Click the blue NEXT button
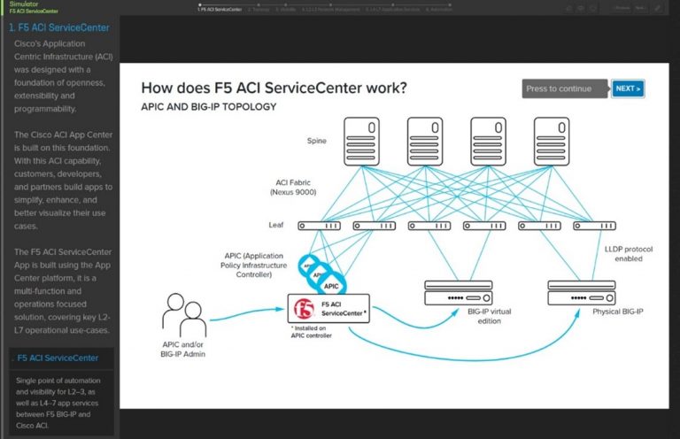coord(627,89)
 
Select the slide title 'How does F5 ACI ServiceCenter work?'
coord(274,88)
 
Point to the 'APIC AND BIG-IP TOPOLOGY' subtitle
coord(208,107)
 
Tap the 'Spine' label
coord(316,141)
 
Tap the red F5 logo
coord(303,310)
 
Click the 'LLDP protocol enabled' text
coord(629,254)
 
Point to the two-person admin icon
coord(183,313)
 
